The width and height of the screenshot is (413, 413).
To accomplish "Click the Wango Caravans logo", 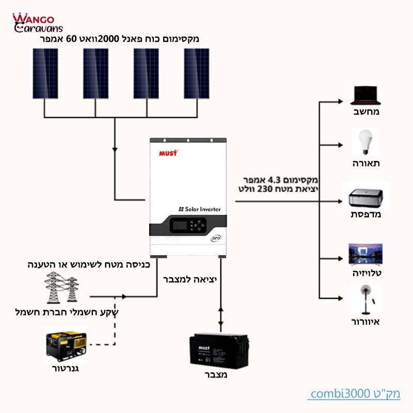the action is click(38, 23).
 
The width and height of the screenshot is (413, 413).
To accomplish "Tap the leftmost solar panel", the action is click(45, 73).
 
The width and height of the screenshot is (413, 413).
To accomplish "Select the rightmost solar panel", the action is click(197, 73).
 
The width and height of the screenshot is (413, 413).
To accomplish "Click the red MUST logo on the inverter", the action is click(168, 153).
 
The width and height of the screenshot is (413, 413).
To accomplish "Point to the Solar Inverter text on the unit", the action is click(200, 209).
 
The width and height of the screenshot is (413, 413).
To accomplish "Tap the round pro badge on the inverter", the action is click(216, 238).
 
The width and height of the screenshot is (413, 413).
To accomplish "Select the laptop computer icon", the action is click(366, 95).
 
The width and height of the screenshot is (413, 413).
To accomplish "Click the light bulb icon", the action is click(366, 142).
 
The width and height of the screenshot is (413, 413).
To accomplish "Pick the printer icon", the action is click(366, 198).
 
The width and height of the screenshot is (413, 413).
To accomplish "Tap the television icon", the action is click(366, 255).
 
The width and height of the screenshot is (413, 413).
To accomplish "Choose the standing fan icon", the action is click(367, 299).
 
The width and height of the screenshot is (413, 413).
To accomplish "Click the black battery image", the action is click(219, 351).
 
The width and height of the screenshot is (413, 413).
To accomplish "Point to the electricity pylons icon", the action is click(61, 288).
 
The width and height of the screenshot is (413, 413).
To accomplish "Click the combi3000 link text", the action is click(354, 394).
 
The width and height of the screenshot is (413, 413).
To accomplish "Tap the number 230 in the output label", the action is click(264, 189).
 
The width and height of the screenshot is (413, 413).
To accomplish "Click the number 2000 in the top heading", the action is click(108, 39).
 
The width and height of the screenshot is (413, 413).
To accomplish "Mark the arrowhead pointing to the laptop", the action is click(340, 101).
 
